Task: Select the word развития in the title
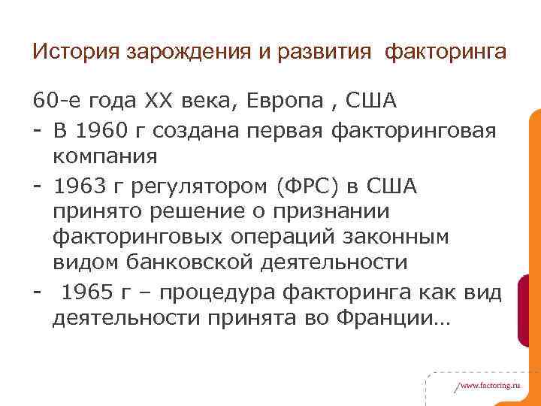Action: pos(323,52)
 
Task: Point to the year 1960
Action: pos(105,131)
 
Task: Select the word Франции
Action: pos(398,318)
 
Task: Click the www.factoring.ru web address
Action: pos(489,383)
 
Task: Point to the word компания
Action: pos(105,157)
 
